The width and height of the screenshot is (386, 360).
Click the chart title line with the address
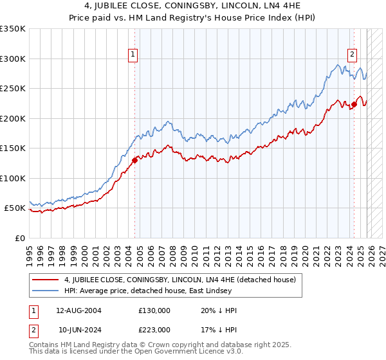[x=192, y=7]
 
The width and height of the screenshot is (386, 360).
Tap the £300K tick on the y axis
[x=12, y=59]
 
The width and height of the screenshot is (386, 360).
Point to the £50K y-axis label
[x=14, y=208]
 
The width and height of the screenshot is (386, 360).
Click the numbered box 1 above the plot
[x=133, y=55]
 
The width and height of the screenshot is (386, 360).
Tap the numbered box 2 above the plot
[x=353, y=55]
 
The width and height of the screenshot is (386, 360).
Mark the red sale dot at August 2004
[x=134, y=160]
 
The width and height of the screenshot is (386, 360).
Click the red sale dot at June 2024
[x=354, y=104]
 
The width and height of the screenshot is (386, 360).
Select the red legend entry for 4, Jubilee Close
[x=179, y=280]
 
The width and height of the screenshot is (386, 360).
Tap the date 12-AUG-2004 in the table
[x=78, y=310]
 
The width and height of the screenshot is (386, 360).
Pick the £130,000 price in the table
[x=154, y=310]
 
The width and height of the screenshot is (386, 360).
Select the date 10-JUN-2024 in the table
[x=78, y=330]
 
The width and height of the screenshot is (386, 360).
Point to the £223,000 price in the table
[x=154, y=330]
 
